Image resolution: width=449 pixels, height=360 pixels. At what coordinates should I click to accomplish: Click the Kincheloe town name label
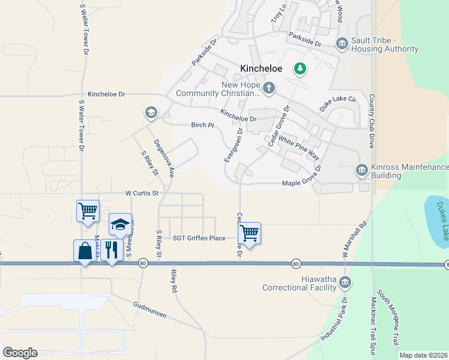(261, 69)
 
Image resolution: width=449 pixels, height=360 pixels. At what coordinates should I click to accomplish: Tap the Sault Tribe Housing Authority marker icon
(342, 43)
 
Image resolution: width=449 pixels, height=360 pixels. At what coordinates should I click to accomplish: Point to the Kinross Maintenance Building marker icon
(361, 170)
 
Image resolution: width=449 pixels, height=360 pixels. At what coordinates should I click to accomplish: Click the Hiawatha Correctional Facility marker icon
(345, 281)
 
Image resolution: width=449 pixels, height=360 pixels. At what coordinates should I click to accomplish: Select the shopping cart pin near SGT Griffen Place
(249, 233)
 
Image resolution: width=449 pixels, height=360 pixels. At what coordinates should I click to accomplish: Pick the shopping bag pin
(85, 251)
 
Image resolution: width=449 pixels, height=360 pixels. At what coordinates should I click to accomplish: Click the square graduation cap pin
(120, 224)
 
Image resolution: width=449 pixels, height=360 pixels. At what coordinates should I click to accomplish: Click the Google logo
(20, 353)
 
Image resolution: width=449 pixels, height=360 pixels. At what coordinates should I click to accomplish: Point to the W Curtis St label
(141, 193)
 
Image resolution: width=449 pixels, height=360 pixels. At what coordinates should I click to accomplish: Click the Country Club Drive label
(372, 121)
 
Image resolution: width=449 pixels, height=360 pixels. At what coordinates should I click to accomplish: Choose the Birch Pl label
(202, 125)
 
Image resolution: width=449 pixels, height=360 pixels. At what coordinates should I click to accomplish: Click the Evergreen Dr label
(233, 144)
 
